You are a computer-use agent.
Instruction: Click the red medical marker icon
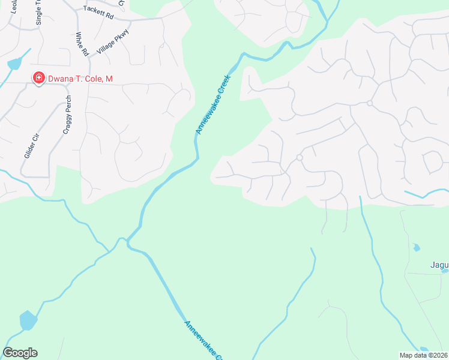tap(38, 78)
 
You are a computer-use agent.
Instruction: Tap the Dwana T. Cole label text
tap(80, 79)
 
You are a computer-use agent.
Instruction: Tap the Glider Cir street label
tap(31, 146)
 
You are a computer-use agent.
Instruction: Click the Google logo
tap(20, 353)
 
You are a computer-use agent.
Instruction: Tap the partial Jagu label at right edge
tap(439, 265)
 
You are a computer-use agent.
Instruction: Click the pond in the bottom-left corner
tap(28, 320)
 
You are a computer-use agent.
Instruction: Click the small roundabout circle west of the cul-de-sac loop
tap(299, 157)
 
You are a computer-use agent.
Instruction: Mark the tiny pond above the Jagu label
tap(416, 247)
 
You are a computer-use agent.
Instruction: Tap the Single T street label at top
tap(40, 13)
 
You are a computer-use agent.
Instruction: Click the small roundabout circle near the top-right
tap(370, 104)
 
